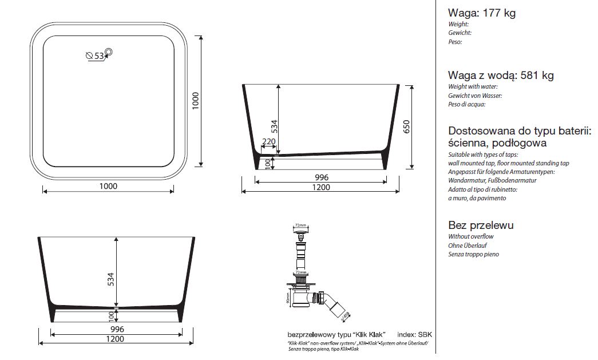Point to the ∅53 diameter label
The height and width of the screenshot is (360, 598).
point(94,56)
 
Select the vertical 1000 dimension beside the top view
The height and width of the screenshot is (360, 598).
point(195,101)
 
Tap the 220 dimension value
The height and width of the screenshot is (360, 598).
point(268,142)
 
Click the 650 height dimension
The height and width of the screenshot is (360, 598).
point(406,126)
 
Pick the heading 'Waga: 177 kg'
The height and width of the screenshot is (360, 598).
point(482,13)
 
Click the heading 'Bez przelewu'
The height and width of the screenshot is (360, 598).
point(481,225)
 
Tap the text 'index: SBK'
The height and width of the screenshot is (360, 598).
point(414,334)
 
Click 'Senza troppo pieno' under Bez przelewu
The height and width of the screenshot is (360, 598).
point(473,254)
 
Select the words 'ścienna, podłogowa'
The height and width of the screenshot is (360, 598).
point(497,143)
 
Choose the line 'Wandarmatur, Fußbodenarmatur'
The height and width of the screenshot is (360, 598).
point(492,180)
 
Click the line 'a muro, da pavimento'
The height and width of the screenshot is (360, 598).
point(477,198)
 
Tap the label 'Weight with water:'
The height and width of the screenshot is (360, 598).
point(473,86)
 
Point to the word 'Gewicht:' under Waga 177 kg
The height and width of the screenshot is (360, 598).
point(460,33)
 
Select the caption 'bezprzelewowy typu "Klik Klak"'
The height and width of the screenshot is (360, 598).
point(335,334)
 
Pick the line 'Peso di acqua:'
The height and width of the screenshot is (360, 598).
point(467,104)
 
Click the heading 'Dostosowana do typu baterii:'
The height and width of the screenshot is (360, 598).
point(519,130)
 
